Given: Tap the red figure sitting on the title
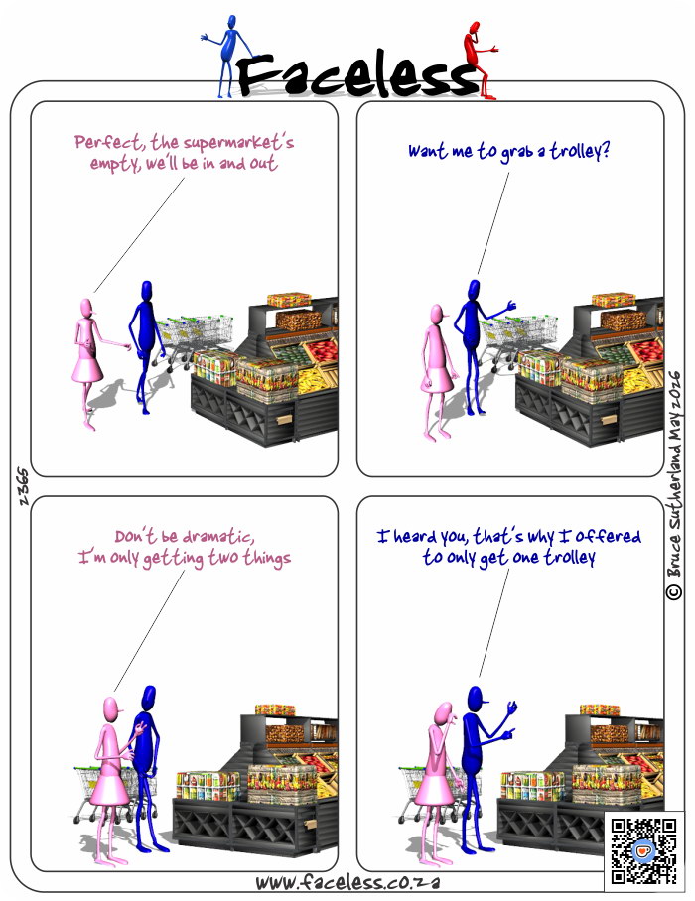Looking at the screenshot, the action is point(480,60).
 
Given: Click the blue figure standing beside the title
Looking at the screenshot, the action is point(227,57).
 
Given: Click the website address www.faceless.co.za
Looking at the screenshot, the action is point(347,882).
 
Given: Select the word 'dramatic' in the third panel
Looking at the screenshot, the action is point(217,537).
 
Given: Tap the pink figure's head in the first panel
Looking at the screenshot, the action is point(86,308).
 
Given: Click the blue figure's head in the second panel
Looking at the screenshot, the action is point(474,290).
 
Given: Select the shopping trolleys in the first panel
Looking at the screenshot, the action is point(195,335).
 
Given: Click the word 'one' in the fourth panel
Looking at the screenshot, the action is point(525,558).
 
